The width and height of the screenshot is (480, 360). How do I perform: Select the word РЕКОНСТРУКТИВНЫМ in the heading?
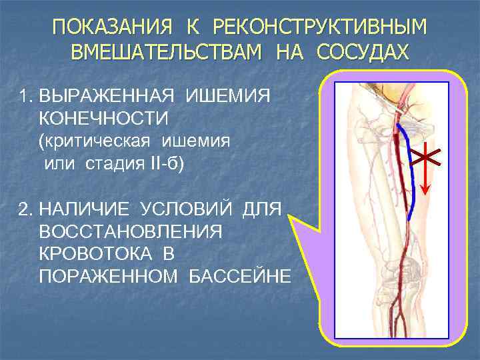320,28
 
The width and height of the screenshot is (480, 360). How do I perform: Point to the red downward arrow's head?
425,189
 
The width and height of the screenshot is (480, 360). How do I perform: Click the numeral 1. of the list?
27,97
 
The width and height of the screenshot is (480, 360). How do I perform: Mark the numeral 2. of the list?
27,211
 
